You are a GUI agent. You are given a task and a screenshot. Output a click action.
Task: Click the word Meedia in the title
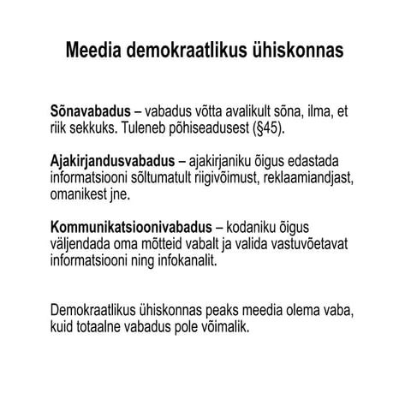(x=93, y=51)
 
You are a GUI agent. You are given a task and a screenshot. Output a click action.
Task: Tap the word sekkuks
(x=91, y=128)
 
